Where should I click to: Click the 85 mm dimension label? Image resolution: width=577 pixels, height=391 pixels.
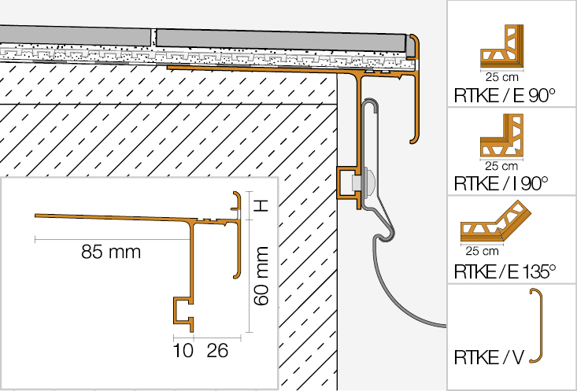(111, 252)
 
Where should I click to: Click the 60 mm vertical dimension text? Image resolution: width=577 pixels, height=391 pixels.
(263, 275)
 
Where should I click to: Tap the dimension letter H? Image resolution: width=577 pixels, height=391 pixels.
(262, 206)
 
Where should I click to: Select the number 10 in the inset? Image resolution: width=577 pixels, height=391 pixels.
(183, 351)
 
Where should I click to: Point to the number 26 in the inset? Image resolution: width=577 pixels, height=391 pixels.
(218, 351)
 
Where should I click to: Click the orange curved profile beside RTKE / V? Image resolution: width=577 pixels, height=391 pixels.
(539, 326)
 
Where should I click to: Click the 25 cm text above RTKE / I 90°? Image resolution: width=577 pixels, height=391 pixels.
(501, 165)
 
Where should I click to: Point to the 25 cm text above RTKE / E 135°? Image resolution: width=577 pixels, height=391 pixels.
(481, 252)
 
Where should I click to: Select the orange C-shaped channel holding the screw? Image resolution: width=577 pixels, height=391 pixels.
(346, 183)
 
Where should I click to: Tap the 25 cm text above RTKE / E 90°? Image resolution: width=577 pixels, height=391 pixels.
(501, 78)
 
